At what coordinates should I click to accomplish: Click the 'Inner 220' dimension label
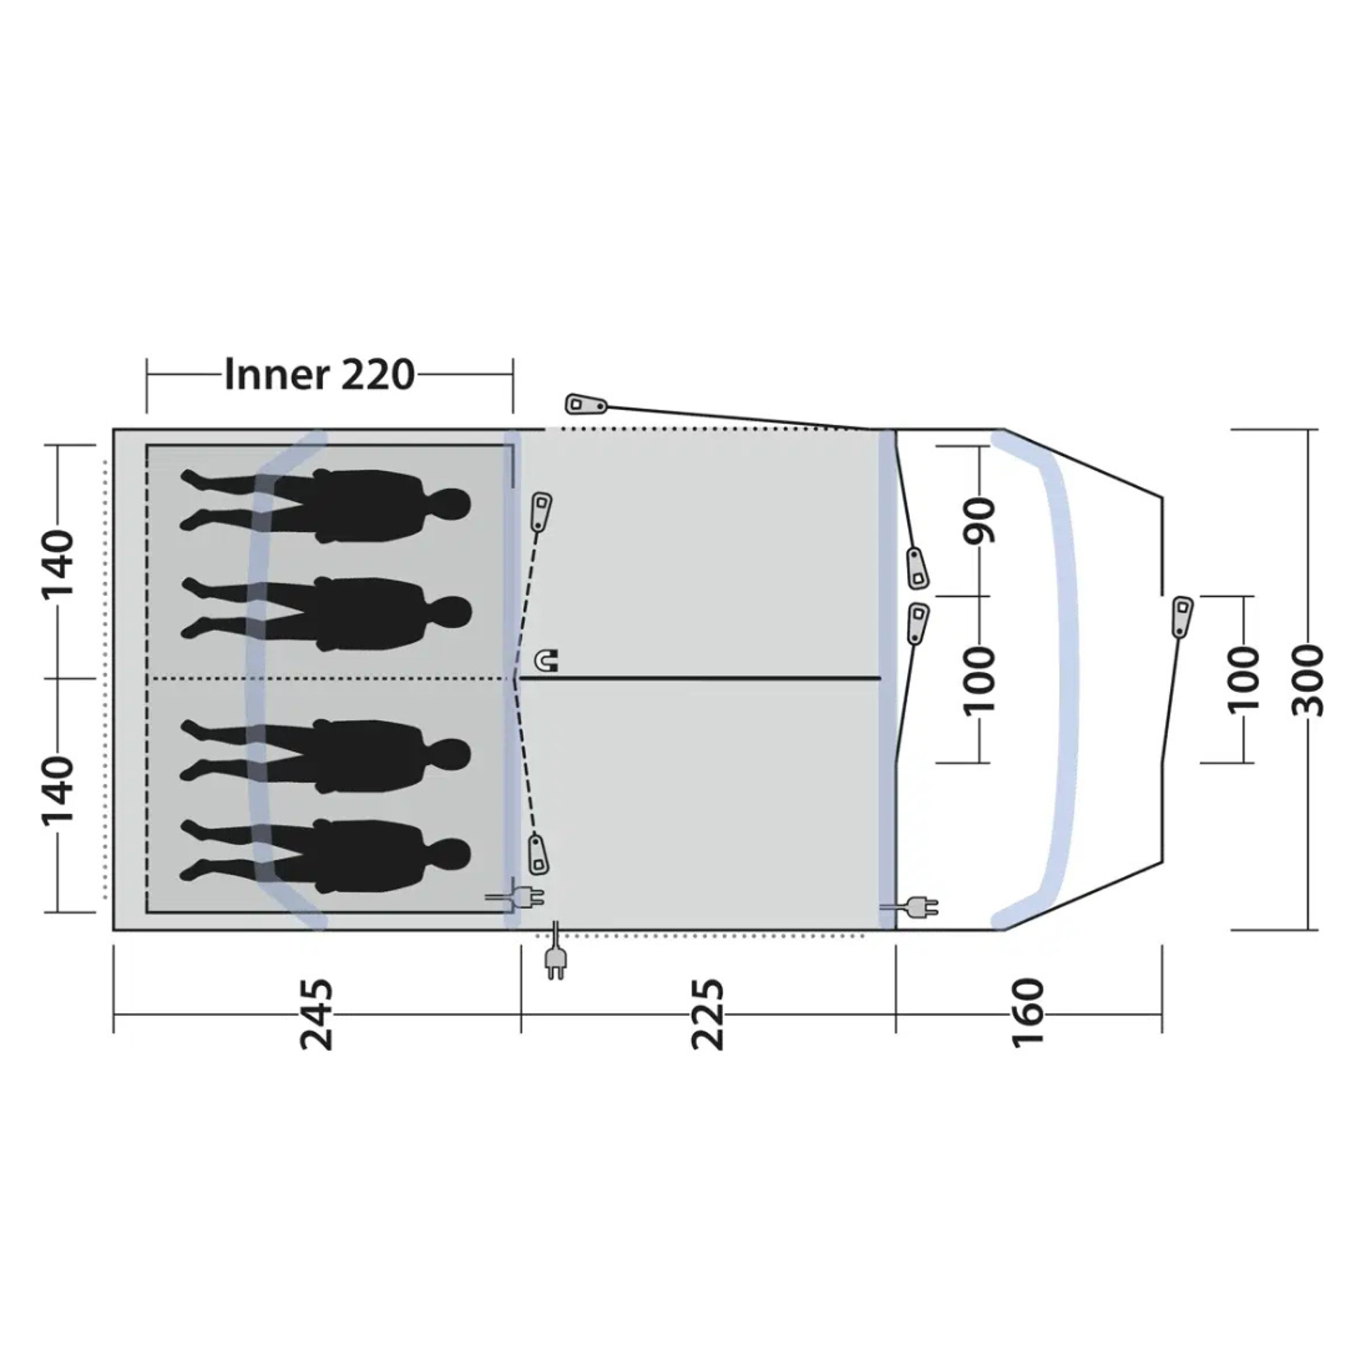click(320, 375)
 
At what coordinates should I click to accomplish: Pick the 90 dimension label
click(980, 520)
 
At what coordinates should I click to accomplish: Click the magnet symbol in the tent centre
click(546, 660)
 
